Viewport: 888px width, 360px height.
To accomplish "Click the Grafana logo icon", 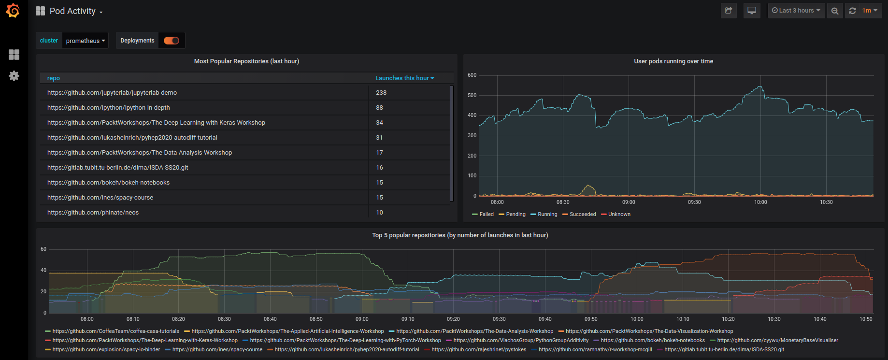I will (x=13, y=10).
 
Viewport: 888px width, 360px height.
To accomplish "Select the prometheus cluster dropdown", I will (x=85, y=41).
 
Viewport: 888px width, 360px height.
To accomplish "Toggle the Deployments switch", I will (x=172, y=41).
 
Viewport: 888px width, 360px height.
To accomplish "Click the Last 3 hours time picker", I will (x=796, y=11).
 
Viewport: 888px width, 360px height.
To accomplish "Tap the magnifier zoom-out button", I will (x=834, y=11).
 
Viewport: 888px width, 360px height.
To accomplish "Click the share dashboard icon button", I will (x=729, y=11).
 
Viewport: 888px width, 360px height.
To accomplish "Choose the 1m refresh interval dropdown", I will (x=869, y=11).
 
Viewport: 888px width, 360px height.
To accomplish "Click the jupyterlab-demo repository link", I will (x=112, y=93).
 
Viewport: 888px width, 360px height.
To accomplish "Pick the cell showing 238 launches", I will (x=381, y=93).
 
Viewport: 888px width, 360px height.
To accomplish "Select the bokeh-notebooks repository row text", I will (x=108, y=183).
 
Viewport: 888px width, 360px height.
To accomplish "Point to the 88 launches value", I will (x=379, y=108).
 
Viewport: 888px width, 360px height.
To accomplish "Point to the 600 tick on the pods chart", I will (x=472, y=75).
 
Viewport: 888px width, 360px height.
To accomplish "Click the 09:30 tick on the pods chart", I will (x=694, y=202).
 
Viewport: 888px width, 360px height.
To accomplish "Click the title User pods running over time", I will (x=673, y=61).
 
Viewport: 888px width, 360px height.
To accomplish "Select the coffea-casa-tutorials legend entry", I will (x=115, y=331).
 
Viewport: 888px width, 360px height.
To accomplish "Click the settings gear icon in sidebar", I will (x=14, y=76).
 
